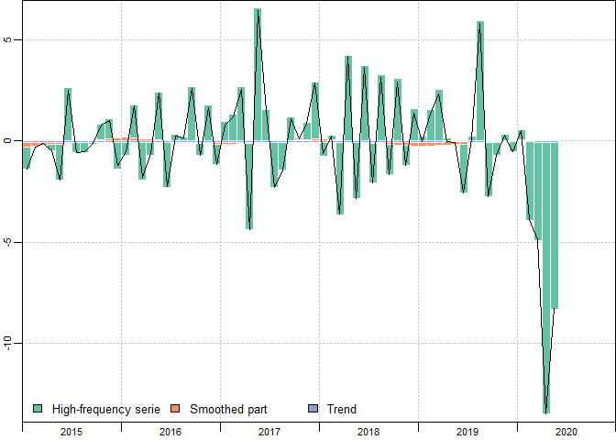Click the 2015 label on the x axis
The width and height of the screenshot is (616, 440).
pos(71,431)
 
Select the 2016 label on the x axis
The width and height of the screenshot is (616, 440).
pos(170,431)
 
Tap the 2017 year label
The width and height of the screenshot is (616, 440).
pos(269,431)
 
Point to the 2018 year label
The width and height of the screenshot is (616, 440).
pos(368,431)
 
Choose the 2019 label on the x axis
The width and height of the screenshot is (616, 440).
pos(467,431)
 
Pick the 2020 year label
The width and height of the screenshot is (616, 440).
pos(566,431)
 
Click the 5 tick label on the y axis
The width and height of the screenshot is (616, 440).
pos(8,40)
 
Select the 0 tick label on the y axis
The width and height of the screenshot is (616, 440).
pos(8,141)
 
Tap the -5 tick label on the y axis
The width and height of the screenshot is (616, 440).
pos(8,242)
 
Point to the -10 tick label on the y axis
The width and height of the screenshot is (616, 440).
pos(8,343)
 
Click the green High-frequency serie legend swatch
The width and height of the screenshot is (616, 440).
pos(38,409)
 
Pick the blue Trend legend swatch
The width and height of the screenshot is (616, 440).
pos(313,409)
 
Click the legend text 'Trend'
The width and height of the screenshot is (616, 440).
pos(342,409)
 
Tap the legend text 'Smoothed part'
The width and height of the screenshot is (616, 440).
pos(228,409)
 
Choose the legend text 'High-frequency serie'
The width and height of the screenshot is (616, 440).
pos(106,409)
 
